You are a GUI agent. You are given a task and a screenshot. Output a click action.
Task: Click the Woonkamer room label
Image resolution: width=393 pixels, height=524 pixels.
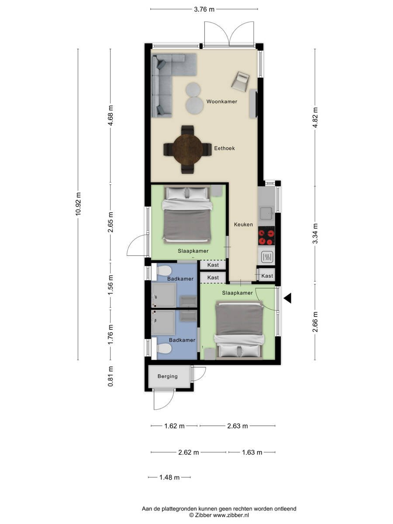[222, 101]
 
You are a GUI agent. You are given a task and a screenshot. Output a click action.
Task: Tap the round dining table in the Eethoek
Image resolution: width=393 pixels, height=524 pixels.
[187, 150]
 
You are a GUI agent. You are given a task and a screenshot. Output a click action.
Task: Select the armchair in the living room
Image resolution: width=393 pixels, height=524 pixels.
[241, 81]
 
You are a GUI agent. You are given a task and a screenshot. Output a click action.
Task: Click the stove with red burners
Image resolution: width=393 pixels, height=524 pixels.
[266, 236]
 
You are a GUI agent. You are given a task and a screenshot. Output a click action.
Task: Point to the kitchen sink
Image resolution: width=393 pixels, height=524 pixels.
[266, 213]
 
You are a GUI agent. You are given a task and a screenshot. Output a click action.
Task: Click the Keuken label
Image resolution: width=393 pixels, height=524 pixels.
[243, 224]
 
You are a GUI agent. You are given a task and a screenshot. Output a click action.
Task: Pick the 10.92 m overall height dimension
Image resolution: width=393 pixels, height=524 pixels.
[78, 203]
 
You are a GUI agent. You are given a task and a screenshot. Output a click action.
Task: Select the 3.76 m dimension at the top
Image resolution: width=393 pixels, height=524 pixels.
[204, 10]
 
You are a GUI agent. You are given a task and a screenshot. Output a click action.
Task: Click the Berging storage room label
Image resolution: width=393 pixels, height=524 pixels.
[168, 376]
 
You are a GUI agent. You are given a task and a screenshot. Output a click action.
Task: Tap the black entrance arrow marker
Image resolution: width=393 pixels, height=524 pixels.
[288, 298]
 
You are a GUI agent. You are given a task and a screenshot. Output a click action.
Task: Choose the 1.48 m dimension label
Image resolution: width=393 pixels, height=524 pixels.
[169, 477]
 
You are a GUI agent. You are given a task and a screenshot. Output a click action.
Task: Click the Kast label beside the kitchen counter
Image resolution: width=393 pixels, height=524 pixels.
[267, 276]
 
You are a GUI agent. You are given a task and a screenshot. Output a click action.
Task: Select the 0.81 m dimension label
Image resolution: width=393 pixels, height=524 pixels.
[110, 377]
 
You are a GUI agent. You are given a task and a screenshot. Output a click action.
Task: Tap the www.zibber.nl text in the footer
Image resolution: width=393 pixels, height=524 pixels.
[231, 515]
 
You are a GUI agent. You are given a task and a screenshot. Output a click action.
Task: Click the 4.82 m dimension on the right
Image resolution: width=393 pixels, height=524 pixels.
[315, 118]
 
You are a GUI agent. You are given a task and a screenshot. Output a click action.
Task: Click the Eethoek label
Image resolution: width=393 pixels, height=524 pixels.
[224, 148]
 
